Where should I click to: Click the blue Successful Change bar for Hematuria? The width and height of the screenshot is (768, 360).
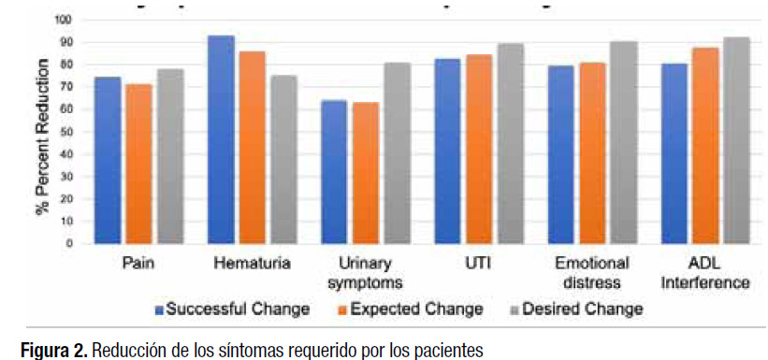[x=222, y=140]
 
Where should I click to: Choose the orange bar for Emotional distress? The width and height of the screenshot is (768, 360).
[x=593, y=153]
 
